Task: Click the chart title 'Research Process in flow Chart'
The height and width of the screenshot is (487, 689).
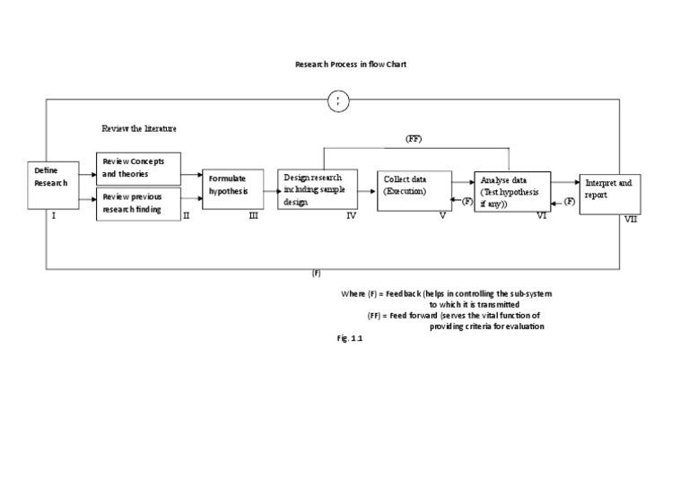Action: tap(344, 65)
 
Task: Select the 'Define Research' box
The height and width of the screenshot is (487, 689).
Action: tap(53, 182)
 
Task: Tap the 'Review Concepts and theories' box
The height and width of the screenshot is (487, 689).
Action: tap(138, 168)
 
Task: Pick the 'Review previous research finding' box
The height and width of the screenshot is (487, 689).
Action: tap(138, 204)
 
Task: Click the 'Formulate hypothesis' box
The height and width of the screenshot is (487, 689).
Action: tap(232, 188)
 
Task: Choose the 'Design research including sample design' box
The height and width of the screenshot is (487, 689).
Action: tap(316, 188)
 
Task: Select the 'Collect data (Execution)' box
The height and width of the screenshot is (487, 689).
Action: tap(414, 189)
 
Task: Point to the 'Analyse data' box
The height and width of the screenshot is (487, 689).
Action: tap(512, 191)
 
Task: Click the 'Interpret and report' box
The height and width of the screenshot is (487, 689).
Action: tap(609, 188)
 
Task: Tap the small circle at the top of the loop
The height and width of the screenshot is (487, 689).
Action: tap(337, 101)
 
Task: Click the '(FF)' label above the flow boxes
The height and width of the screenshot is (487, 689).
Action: tap(414, 139)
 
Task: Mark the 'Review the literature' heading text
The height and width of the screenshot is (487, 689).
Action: tap(139, 128)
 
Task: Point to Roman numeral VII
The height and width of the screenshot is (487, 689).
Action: tap(631, 219)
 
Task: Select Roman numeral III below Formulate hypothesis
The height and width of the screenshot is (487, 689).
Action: tap(255, 216)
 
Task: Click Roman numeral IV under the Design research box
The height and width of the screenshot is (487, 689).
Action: tap(351, 216)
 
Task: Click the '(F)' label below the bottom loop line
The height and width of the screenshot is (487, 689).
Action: tap(317, 274)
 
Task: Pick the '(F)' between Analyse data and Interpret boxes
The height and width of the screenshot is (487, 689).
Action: tap(569, 203)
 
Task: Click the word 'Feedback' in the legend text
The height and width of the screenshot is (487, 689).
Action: tap(403, 294)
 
